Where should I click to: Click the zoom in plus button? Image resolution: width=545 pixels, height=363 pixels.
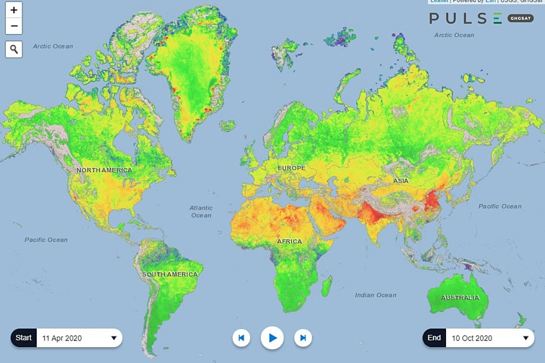point(14,10)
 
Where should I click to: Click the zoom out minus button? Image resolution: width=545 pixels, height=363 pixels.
point(14,26)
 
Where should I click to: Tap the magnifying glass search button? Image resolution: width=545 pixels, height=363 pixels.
point(14,49)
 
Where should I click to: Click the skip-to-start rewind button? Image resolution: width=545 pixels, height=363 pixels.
point(241,338)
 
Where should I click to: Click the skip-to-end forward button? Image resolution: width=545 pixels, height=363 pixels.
point(303,338)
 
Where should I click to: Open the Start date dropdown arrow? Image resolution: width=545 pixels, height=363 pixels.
point(114,338)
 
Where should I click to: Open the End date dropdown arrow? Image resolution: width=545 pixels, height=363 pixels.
point(526,338)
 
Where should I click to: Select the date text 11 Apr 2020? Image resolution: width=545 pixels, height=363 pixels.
point(62,338)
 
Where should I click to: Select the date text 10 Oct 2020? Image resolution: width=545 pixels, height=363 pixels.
point(472,338)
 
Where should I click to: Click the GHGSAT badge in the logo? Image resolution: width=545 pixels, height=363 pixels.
point(521,18)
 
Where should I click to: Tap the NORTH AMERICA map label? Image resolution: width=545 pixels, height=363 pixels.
point(104,170)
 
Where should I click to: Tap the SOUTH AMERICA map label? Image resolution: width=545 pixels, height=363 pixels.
point(170,274)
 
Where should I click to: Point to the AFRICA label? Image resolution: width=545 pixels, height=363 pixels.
point(290,242)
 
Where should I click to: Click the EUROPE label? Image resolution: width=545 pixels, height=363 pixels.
point(291,167)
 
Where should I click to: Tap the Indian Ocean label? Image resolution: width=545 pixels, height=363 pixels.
point(376,295)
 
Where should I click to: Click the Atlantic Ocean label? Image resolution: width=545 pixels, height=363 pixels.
point(201,211)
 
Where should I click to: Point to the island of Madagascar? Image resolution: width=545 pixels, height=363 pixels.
point(326,286)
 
